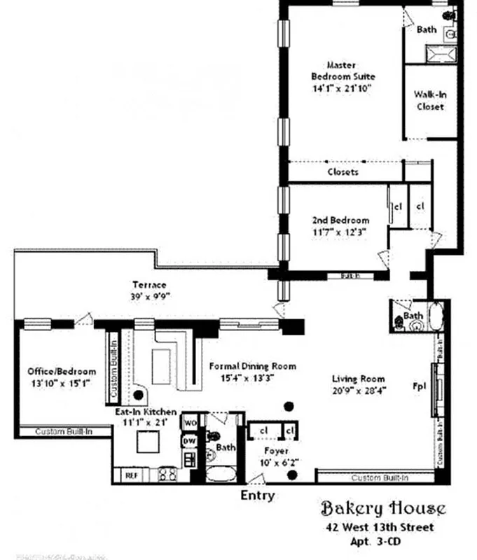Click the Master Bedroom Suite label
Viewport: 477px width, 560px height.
click(343, 71)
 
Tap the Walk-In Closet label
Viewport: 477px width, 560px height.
click(430, 101)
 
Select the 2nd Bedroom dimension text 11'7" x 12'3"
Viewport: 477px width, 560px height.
click(340, 231)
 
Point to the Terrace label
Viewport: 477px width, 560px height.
click(149, 285)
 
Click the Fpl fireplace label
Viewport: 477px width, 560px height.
click(420, 386)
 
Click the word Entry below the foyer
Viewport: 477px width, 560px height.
click(257, 496)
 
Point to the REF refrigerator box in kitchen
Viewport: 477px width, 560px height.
click(131, 475)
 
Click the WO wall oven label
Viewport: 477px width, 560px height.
click(190, 423)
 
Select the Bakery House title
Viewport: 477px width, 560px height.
click(382, 507)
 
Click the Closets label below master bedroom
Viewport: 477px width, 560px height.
click(343, 171)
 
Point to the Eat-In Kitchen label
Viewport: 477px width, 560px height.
click(146, 412)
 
